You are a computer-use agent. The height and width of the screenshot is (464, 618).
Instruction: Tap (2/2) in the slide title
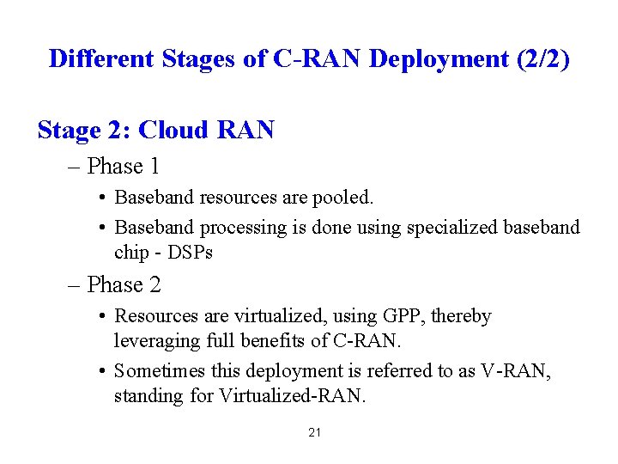[541, 58]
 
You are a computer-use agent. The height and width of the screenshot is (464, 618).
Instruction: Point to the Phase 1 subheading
[124, 165]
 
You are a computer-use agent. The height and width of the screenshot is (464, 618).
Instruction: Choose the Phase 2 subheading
[124, 284]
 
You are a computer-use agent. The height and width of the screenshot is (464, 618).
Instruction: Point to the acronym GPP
[397, 316]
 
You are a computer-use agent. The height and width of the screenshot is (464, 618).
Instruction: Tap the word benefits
[272, 340]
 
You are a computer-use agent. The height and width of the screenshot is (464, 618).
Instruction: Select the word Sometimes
[157, 371]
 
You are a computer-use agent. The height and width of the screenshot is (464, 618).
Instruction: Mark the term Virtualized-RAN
[294, 395]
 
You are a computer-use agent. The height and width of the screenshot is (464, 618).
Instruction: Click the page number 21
[314, 432]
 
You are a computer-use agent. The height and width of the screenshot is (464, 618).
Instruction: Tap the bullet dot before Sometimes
[101, 371]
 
